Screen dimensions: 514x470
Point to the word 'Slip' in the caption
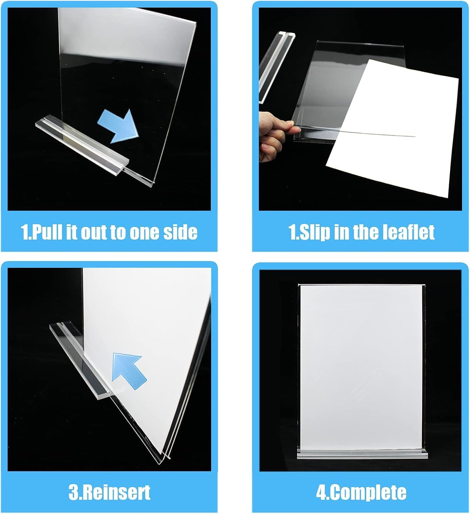coord(313,232)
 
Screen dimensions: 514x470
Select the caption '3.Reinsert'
coord(109,492)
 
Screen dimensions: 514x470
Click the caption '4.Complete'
coord(361,492)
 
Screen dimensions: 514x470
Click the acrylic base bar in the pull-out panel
coord(82,142)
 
